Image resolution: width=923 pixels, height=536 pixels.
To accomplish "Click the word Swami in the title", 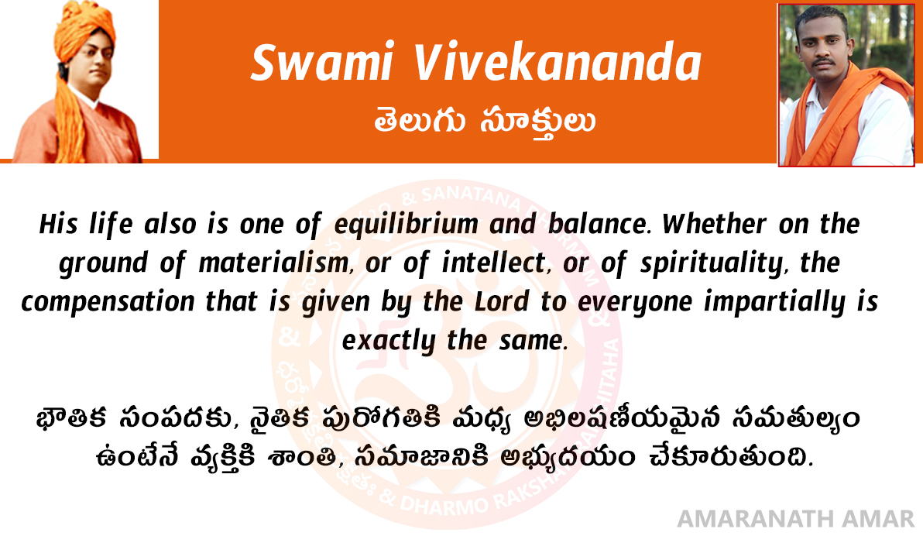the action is (322, 63).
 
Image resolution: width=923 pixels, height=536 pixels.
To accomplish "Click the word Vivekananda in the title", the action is (557, 63).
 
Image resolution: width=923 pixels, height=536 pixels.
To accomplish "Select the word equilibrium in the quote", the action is (406, 225).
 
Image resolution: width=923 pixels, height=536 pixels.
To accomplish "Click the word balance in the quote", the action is (598, 225).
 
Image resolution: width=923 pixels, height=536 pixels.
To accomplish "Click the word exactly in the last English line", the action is (389, 341).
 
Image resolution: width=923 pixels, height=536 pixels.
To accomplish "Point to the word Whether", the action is (714, 224).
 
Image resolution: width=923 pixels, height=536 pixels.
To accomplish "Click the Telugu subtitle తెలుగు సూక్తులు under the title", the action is (485, 122).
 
